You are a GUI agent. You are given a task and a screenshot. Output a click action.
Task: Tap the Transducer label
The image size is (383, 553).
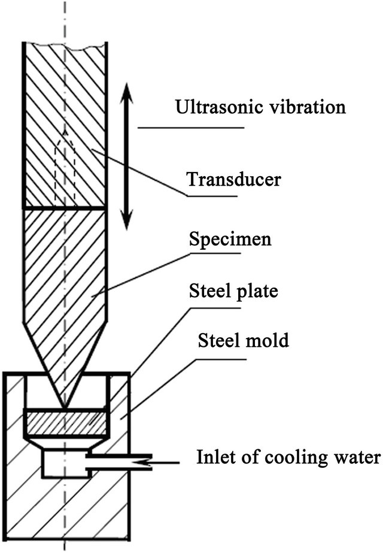pyautogui.click(x=230, y=179)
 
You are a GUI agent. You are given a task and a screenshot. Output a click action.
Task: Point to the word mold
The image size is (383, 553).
pyautogui.click(x=270, y=341)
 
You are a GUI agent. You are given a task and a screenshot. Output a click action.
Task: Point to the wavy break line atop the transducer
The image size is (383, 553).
pyautogui.click(x=64, y=43)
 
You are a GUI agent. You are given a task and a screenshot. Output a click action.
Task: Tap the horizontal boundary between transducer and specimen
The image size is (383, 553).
pyautogui.click(x=64, y=208)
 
